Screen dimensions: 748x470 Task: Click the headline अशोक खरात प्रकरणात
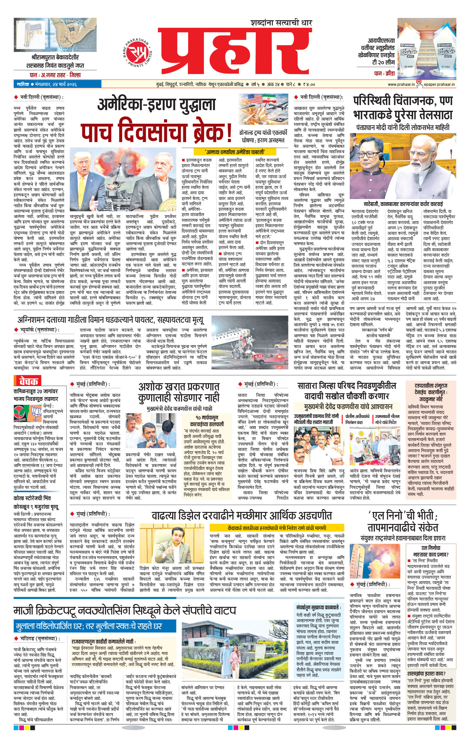(x=179, y=387)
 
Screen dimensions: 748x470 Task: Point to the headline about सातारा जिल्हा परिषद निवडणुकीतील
(x=346, y=386)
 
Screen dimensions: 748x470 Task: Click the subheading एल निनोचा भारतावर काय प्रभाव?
(x=431, y=551)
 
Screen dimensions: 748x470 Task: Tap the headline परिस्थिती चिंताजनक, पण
(x=403, y=101)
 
